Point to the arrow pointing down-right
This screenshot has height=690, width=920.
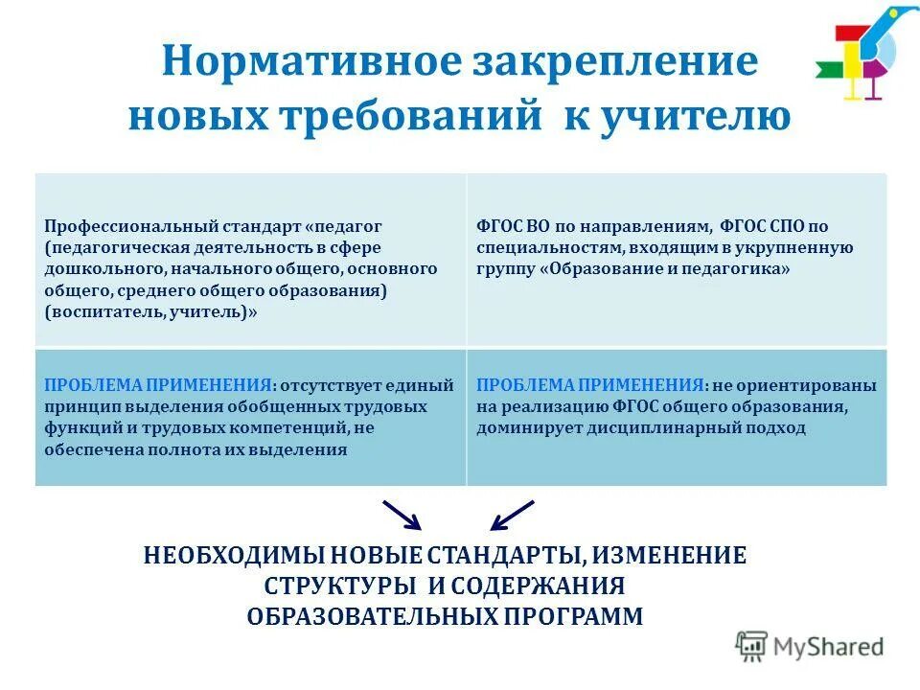402,515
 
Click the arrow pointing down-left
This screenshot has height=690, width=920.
511,515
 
